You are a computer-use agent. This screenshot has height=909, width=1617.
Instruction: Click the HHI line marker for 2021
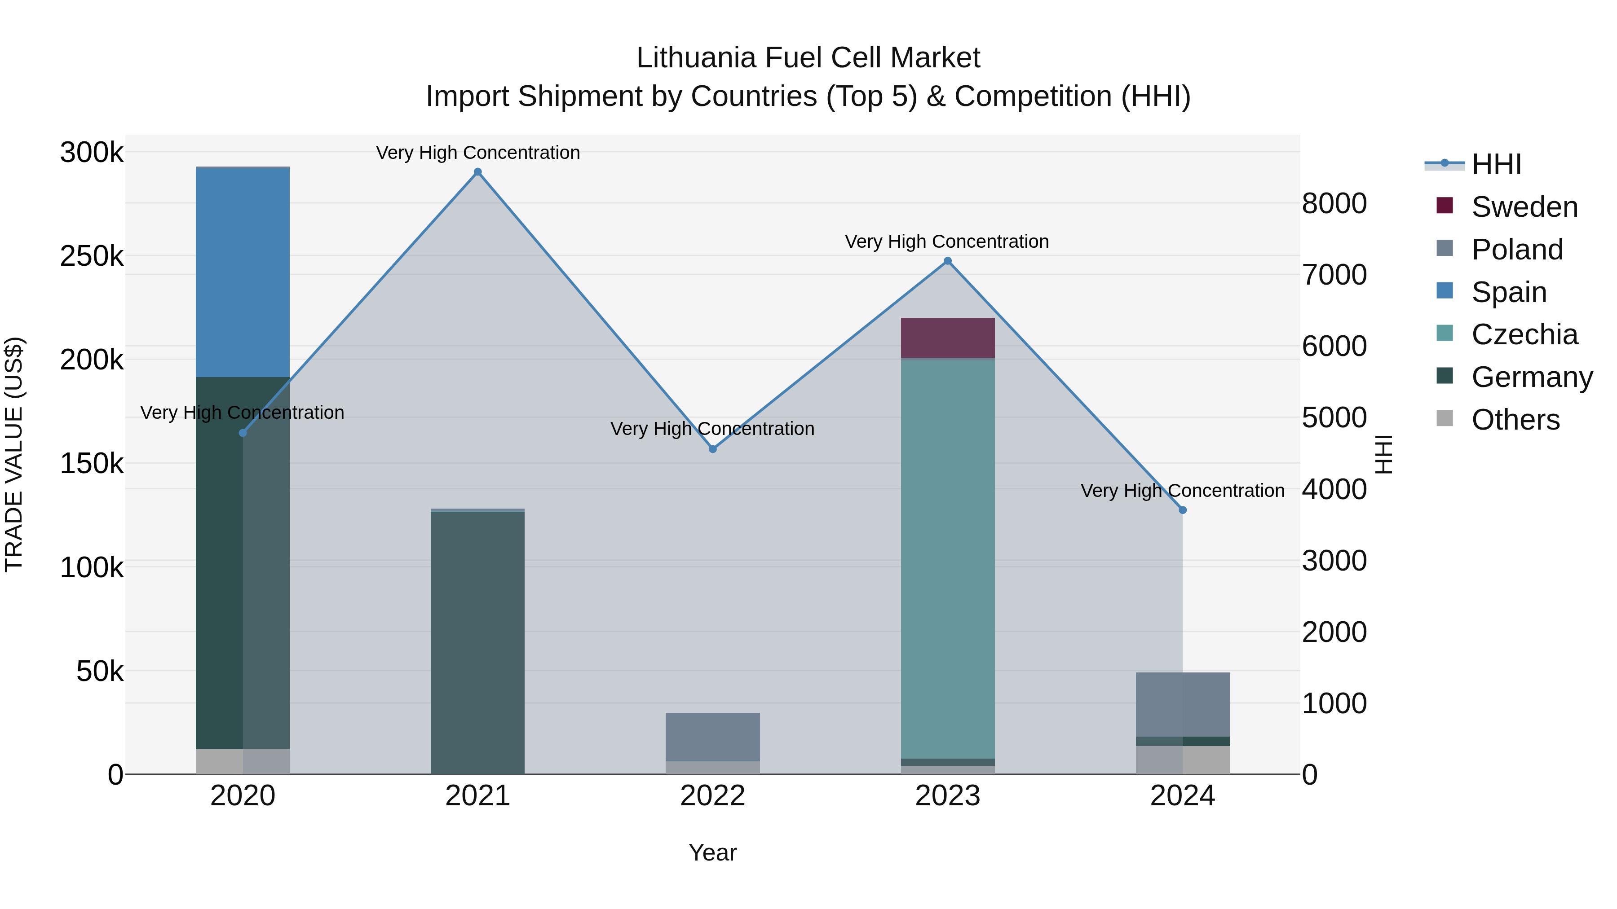478,172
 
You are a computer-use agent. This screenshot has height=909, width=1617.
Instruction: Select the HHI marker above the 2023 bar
948,261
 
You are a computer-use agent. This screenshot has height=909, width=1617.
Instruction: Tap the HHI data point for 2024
1183,510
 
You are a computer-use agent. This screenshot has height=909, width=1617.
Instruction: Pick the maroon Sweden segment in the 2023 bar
948,338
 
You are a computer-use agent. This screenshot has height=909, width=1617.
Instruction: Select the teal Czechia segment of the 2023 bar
948,558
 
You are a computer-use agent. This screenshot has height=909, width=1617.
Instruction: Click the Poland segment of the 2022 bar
712,737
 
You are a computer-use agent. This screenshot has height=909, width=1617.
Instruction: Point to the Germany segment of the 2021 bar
478,642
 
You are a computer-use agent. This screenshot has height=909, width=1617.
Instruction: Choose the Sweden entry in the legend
1524,207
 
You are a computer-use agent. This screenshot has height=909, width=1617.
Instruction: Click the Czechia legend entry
1524,334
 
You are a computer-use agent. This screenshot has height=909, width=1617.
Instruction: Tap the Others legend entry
1515,420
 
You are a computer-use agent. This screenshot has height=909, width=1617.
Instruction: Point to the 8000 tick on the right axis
1334,203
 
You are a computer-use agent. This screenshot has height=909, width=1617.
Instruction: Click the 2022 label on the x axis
712,795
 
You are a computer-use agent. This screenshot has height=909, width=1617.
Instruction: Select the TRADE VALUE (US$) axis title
14,454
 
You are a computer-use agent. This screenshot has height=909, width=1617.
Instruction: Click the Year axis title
712,852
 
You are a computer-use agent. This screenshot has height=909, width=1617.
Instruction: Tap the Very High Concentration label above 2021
478,153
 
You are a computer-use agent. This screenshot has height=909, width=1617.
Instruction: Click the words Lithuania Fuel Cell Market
808,58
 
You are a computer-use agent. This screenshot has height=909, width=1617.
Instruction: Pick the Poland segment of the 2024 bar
1183,704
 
